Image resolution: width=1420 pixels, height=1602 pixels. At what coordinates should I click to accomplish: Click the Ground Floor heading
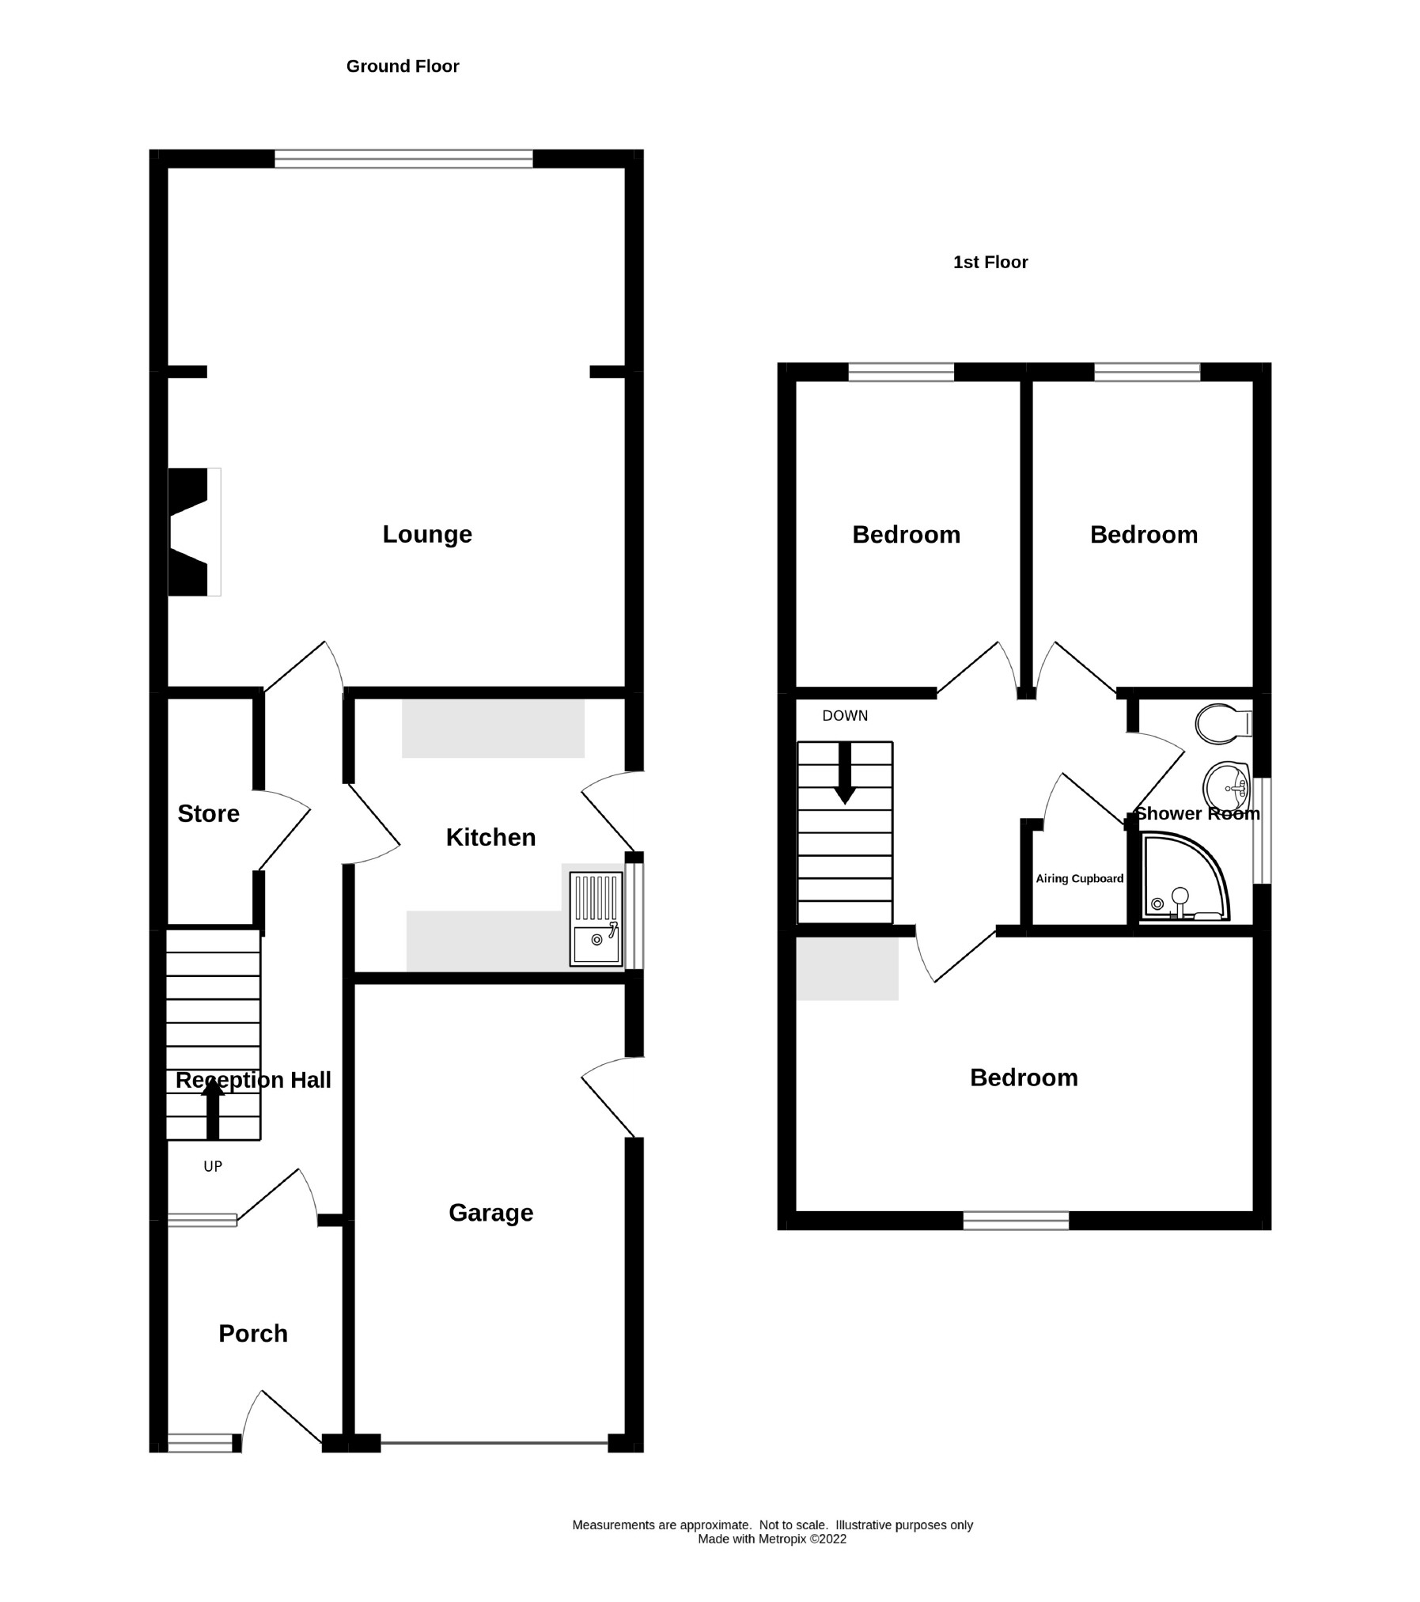[x=402, y=66]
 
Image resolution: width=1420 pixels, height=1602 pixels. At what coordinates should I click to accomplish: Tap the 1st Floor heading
[x=990, y=263]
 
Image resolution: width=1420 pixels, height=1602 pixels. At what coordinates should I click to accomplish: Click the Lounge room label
[x=427, y=535]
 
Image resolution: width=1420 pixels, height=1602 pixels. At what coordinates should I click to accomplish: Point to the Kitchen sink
[x=596, y=920]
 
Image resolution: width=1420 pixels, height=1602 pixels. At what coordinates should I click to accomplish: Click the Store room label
[x=208, y=814]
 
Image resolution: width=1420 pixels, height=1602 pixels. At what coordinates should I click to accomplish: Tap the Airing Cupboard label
[x=1079, y=879]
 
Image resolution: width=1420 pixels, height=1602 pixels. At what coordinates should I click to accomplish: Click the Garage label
[x=490, y=1213]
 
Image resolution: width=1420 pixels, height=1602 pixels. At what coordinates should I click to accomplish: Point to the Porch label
[x=253, y=1334]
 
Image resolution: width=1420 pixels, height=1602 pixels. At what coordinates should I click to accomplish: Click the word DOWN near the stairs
[x=845, y=716]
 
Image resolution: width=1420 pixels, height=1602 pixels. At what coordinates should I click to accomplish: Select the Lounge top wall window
[x=403, y=158]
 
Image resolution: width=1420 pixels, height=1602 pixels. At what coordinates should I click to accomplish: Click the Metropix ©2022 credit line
[x=771, y=1540]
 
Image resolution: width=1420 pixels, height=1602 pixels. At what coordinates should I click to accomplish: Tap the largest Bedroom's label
[x=1024, y=1077]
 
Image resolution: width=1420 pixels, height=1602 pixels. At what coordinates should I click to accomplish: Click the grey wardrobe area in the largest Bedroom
[x=846, y=968]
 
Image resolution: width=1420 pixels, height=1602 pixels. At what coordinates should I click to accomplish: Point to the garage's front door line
[x=494, y=1444]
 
